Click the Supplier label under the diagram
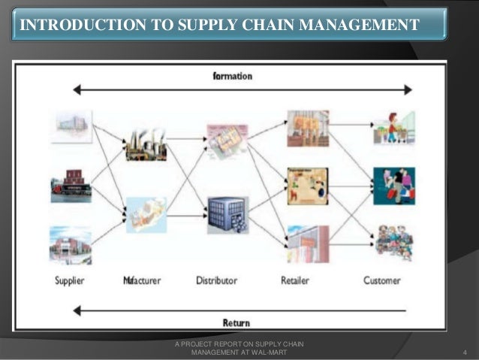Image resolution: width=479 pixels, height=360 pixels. (x=69, y=281)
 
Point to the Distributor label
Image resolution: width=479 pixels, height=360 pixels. (x=216, y=281)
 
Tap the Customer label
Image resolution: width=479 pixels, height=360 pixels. (x=382, y=281)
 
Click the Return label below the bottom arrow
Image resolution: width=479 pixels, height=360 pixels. (x=236, y=322)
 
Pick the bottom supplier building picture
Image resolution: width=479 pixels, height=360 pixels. (x=71, y=245)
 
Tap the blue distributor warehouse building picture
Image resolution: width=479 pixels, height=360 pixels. (x=227, y=215)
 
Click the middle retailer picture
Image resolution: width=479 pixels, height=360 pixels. (x=308, y=185)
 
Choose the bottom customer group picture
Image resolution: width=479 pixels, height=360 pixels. (x=394, y=242)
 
